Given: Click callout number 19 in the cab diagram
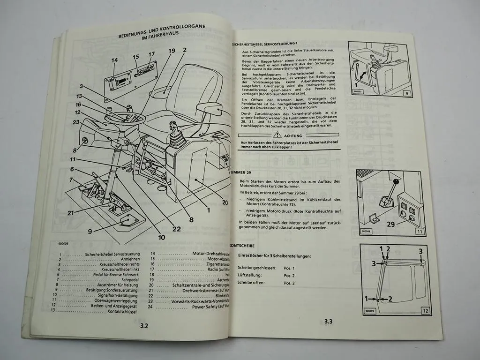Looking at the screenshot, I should point(171,51).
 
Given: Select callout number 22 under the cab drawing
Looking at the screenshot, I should point(176,229).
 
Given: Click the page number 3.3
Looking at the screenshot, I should point(328,322).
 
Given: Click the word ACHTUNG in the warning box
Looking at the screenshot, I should point(293,135).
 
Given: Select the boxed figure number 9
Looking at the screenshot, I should point(407,93).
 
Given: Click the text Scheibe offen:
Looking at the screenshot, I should point(251,283).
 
